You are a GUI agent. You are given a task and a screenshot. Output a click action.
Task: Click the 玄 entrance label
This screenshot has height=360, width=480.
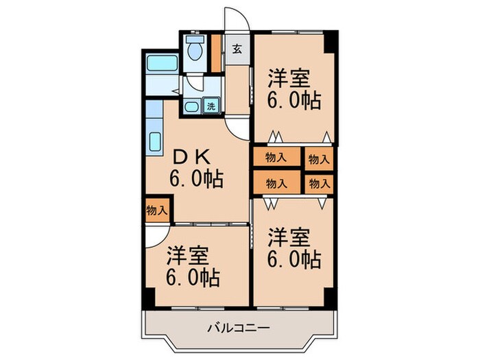pyautogui.click(x=237, y=49)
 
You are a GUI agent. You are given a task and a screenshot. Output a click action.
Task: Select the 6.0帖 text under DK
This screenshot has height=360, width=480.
pyautogui.click(x=196, y=180)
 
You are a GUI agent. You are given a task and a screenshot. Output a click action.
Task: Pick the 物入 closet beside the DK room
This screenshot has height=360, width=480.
pyautogui.click(x=156, y=210)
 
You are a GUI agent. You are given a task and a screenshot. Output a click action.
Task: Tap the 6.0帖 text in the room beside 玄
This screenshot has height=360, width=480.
pyautogui.click(x=293, y=100)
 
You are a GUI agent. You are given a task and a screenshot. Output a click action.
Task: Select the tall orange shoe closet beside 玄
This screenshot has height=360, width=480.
pyautogui.click(x=216, y=52)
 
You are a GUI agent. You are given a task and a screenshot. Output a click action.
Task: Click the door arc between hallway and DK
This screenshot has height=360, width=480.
pyautogui.click(x=239, y=127)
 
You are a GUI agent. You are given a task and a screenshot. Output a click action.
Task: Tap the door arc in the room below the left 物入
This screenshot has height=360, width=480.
pyautogui.click(x=152, y=235)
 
